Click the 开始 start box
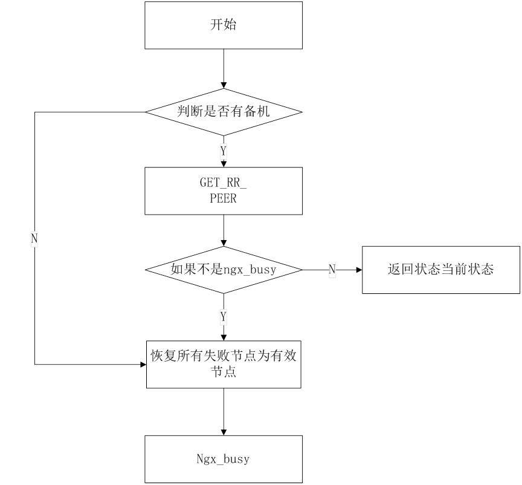click(224, 25)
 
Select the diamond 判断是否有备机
click(224, 112)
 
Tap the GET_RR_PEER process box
click(224, 190)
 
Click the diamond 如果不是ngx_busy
click(224, 270)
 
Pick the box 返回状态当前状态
click(440, 270)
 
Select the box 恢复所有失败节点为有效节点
click(224, 363)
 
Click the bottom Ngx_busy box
click(224, 459)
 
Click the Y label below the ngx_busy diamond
click(224, 316)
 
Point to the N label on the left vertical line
click(34, 239)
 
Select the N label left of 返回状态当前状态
click(332, 270)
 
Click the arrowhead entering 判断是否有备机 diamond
click(224, 84)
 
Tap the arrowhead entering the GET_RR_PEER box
click(224, 163)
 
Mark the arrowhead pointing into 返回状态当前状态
click(358, 270)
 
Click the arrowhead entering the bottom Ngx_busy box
click(224, 431)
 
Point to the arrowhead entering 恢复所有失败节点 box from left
click(143, 364)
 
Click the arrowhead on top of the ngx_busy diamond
click(224, 242)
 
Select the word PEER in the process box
click(223, 198)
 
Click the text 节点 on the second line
click(224, 372)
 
